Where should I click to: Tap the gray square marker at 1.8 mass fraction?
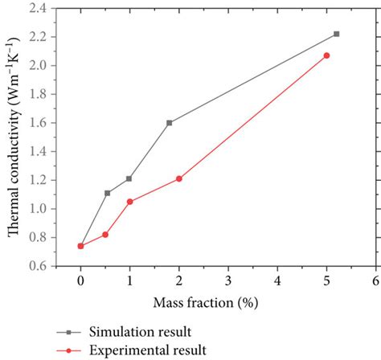(x=169, y=123)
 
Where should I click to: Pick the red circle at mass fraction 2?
(x=178, y=178)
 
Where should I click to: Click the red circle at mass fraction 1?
(x=129, y=202)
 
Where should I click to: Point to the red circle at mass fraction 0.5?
(x=105, y=235)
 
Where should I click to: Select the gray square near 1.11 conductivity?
(x=107, y=193)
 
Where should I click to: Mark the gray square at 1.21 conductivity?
(x=129, y=178)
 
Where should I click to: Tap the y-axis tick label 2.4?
(x=39, y=8)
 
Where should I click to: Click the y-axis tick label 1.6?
(x=39, y=123)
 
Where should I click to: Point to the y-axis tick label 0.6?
(x=39, y=266)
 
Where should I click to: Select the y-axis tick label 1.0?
(x=39, y=209)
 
